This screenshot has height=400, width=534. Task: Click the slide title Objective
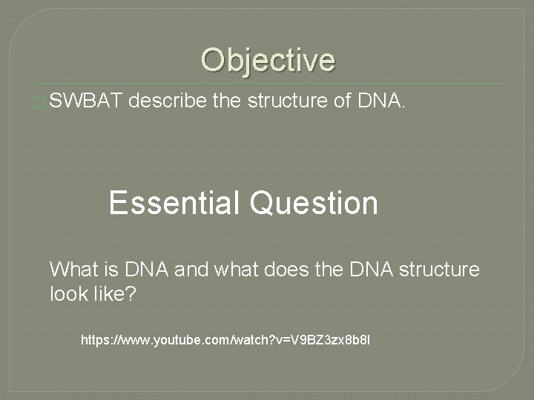(267, 60)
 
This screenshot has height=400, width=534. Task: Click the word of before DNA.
(340, 101)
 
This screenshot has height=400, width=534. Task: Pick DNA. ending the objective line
(381, 101)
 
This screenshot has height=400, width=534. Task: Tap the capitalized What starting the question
(73, 270)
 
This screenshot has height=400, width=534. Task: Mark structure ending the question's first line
(440, 270)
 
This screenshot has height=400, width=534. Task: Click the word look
(69, 294)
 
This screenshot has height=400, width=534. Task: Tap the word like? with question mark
(115, 294)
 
